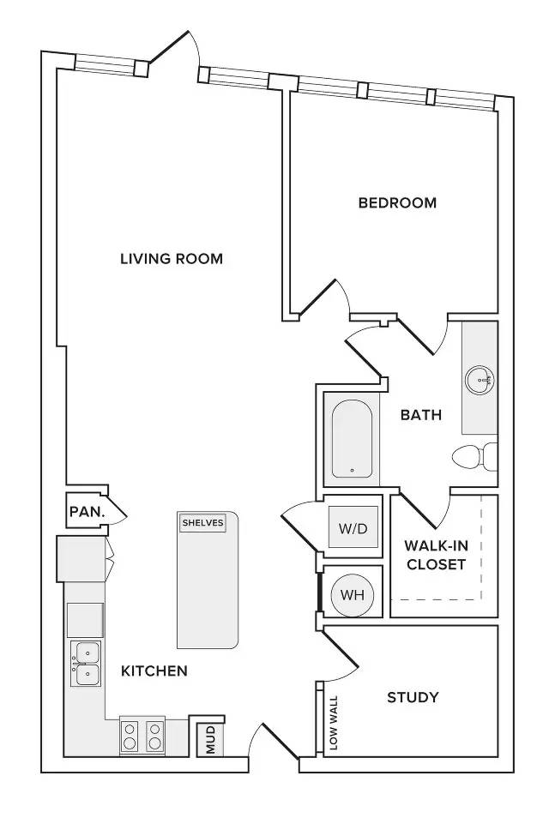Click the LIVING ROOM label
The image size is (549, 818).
click(172, 259)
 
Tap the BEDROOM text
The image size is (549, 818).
click(398, 202)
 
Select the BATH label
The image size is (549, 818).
click(421, 415)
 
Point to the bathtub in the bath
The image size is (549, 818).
click(353, 439)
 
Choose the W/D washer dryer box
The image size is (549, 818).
click(353, 527)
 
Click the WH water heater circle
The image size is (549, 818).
click(353, 595)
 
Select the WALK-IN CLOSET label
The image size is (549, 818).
click(436, 555)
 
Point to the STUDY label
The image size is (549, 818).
click(413, 697)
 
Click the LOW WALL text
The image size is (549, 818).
click(334, 722)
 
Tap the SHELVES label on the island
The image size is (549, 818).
click(203, 523)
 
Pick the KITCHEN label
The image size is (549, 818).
click(154, 671)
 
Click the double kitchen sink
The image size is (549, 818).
click(86, 664)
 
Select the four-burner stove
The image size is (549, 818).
click(142, 736)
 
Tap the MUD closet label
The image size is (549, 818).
click(211, 739)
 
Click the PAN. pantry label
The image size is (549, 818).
click(87, 512)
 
